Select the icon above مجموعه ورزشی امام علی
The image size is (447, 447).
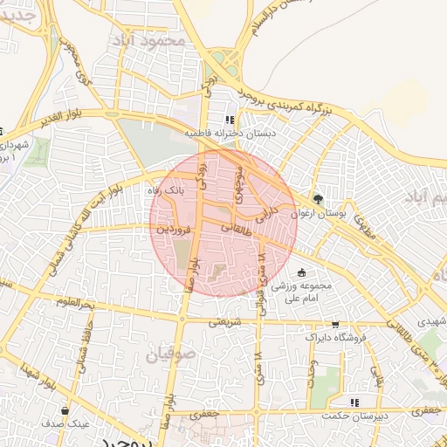(302, 272)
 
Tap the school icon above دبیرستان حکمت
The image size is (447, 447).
(354, 402)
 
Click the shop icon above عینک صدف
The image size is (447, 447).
(65, 409)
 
